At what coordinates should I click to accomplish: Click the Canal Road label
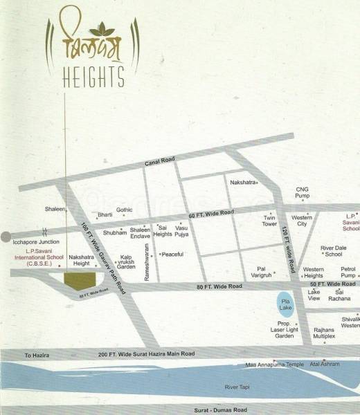pos(159,160)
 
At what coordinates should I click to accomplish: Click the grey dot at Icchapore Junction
pos(6,237)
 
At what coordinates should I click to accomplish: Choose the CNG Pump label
pos(302,192)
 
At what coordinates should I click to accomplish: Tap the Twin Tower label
pos(269,221)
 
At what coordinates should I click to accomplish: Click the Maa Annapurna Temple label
pos(274,364)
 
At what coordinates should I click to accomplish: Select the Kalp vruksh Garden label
pos(125,261)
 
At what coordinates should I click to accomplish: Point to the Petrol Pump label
pos(348,272)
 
